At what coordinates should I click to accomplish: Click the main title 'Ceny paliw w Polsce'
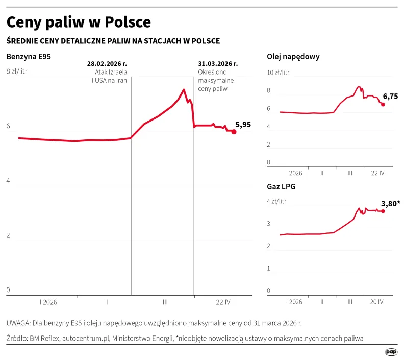(79, 22)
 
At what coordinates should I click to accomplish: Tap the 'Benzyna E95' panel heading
(29, 57)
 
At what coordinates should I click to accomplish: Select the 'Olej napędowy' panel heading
(293, 57)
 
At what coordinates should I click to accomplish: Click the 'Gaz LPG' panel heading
(281, 187)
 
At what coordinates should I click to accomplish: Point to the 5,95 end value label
(243, 124)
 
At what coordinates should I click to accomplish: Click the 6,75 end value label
(390, 96)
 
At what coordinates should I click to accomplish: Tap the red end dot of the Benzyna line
(234, 132)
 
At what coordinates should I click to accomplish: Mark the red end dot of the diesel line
(383, 104)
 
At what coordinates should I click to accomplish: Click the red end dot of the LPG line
(383, 211)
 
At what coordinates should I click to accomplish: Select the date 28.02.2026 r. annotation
(107, 64)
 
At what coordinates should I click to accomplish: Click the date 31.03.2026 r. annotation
(218, 64)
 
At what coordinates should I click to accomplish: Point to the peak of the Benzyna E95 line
(183, 90)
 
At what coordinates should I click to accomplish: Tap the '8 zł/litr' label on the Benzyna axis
(16, 71)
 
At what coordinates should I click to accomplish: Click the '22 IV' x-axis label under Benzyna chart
(223, 302)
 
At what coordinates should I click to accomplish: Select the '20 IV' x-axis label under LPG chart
(376, 302)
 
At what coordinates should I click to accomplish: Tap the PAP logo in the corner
(391, 352)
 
